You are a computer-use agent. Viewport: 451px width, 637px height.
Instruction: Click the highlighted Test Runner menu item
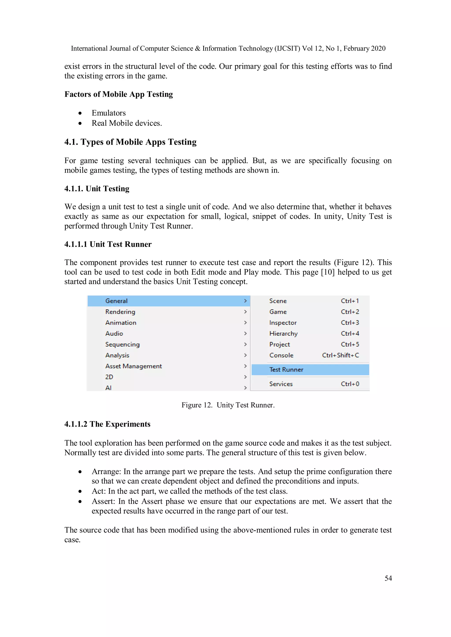[286, 370]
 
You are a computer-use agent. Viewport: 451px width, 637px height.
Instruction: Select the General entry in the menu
[116, 301]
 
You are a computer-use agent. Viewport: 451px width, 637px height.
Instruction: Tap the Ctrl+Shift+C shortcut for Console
[340, 355]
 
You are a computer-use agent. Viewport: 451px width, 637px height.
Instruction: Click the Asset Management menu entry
[133, 366]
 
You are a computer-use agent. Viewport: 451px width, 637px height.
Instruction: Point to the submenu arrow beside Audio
[245, 334]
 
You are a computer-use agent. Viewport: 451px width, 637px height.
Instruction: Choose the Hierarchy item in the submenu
[283, 334]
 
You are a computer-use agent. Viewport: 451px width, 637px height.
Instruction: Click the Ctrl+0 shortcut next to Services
[350, 384]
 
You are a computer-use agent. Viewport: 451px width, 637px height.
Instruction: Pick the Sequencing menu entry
[122, 345]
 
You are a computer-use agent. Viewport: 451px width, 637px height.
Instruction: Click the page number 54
[388, 578]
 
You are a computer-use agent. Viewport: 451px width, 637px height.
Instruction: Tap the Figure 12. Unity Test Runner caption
[228, 405]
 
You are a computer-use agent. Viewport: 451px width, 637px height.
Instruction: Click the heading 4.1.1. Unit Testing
[97, 189]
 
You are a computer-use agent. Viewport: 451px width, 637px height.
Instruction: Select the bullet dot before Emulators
[80, 113]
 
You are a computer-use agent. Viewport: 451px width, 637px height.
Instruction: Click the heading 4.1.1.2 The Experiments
[107, 424]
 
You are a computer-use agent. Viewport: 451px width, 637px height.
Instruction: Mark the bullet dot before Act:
[80, 491]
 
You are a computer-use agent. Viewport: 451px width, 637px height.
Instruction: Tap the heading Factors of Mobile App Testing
[119, 94]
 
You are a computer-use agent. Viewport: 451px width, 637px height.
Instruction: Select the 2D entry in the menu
[109, 377]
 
